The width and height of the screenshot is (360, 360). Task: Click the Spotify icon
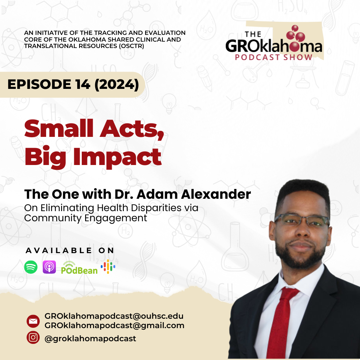tap(31, 267)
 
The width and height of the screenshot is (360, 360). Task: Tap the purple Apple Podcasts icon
tap(49, 267)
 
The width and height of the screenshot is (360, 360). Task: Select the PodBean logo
tap(79, 268)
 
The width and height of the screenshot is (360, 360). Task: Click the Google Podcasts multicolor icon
tap(108, 267)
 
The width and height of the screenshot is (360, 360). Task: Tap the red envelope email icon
tap(33, 321)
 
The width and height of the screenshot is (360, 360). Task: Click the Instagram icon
tap(33, 337)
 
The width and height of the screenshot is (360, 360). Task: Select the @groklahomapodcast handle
tap(90, 339)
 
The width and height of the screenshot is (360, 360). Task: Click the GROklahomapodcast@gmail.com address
tap(114, 325)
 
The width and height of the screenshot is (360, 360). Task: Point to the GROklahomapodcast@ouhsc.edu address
tap(114, 316)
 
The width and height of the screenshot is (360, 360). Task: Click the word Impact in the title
tap(117, 157)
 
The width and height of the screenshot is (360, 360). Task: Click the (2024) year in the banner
tap(117, 84)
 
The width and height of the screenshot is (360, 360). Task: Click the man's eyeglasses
tap(301, 220)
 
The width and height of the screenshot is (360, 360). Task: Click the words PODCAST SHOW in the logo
tap(274, 57)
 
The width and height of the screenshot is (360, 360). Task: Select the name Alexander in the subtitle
tap(216, 194)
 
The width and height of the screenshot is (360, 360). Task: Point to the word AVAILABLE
tap(59, 250)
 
